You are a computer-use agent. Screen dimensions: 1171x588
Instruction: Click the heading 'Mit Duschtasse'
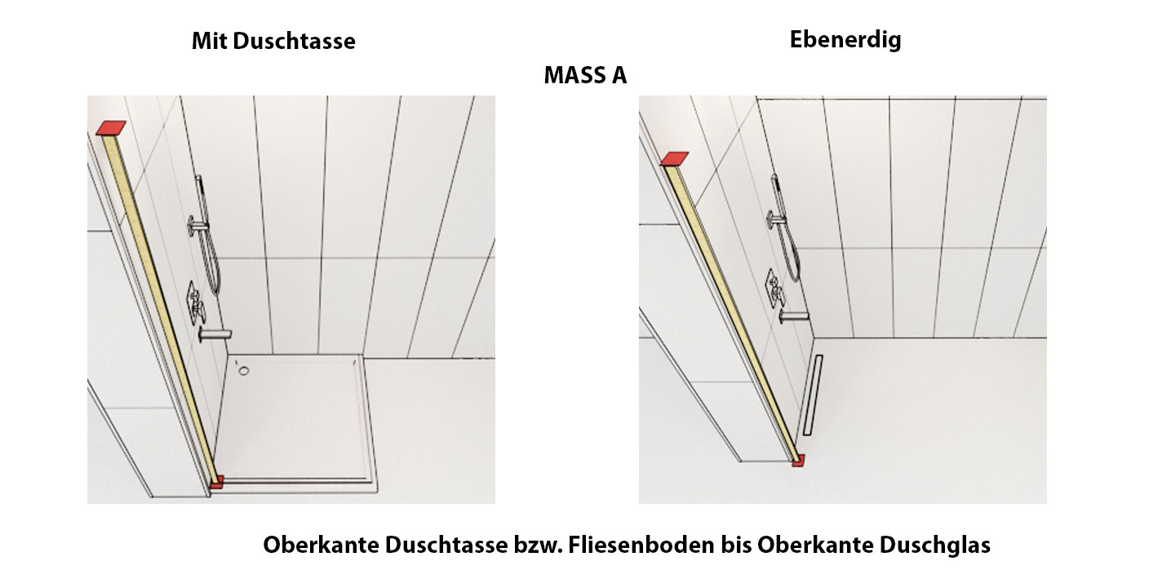point(273,41)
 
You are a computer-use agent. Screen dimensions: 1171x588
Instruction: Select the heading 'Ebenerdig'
point(845,40)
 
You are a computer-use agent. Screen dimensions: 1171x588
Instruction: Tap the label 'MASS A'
point(585,75)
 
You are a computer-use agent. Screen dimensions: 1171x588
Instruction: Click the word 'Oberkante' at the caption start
point(321,545)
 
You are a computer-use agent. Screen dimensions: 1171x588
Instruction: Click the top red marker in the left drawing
point(111,127)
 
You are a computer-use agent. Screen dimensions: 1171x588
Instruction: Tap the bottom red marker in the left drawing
point(217,482)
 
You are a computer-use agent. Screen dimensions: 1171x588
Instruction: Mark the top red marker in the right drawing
point(674,158)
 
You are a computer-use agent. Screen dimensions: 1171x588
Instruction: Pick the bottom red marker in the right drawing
point(798,461)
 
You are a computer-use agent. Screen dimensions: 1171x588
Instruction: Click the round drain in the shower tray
point(244,371)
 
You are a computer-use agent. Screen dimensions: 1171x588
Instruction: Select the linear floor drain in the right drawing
point(813,395)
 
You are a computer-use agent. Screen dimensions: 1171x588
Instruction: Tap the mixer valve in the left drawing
point(196,304)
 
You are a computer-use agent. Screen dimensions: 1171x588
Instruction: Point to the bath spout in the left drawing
point(215,334)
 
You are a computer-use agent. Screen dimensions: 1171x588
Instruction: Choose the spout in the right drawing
point(793,315)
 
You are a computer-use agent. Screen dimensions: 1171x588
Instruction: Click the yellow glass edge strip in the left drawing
point(159,309)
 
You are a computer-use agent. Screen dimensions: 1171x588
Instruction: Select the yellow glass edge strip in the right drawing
point(731,312)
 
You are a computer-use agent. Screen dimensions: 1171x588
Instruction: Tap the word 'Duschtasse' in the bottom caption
point(446,545)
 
